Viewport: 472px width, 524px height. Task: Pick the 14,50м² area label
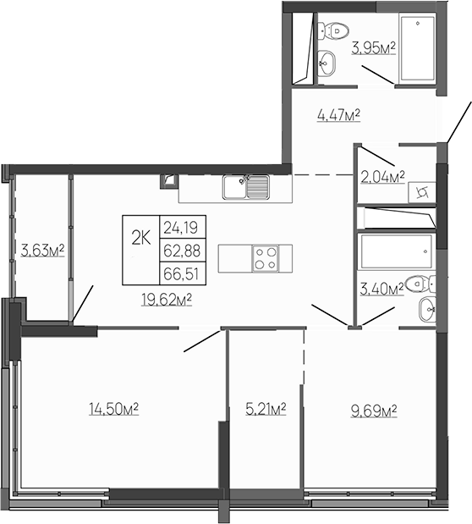(x=113, y=409)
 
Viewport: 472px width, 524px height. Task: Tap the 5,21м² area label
(x=266, y=410)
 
